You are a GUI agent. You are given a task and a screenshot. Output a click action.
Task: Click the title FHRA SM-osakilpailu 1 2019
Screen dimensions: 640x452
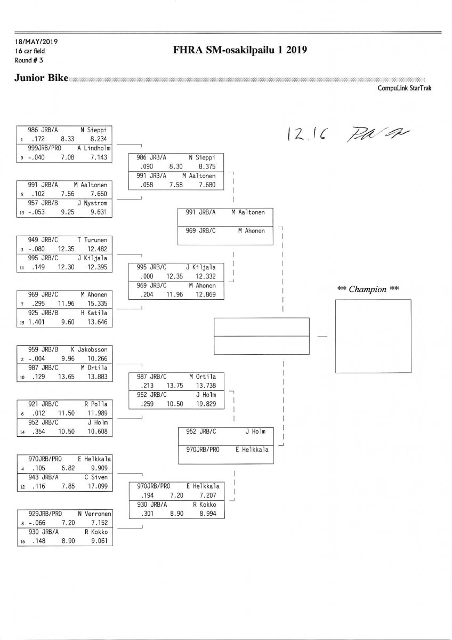point(240,51)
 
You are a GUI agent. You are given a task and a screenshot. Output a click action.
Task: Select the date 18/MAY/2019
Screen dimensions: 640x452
point(36,42)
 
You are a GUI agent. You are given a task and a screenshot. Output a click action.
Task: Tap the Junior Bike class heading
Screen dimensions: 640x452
point(42,79)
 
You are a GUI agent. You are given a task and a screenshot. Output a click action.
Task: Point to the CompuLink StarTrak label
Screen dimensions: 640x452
point(404,89)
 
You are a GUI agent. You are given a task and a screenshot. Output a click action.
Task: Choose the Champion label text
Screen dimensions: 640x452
point(368,289)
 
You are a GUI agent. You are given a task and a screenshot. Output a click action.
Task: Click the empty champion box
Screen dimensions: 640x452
point(373,335)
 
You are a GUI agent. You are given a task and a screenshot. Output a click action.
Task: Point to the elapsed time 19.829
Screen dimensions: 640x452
point(206,404)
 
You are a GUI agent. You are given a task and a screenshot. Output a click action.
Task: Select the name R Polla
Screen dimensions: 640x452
point(96,404)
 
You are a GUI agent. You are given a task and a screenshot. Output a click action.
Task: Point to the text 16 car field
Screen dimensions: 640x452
point(30,51)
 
